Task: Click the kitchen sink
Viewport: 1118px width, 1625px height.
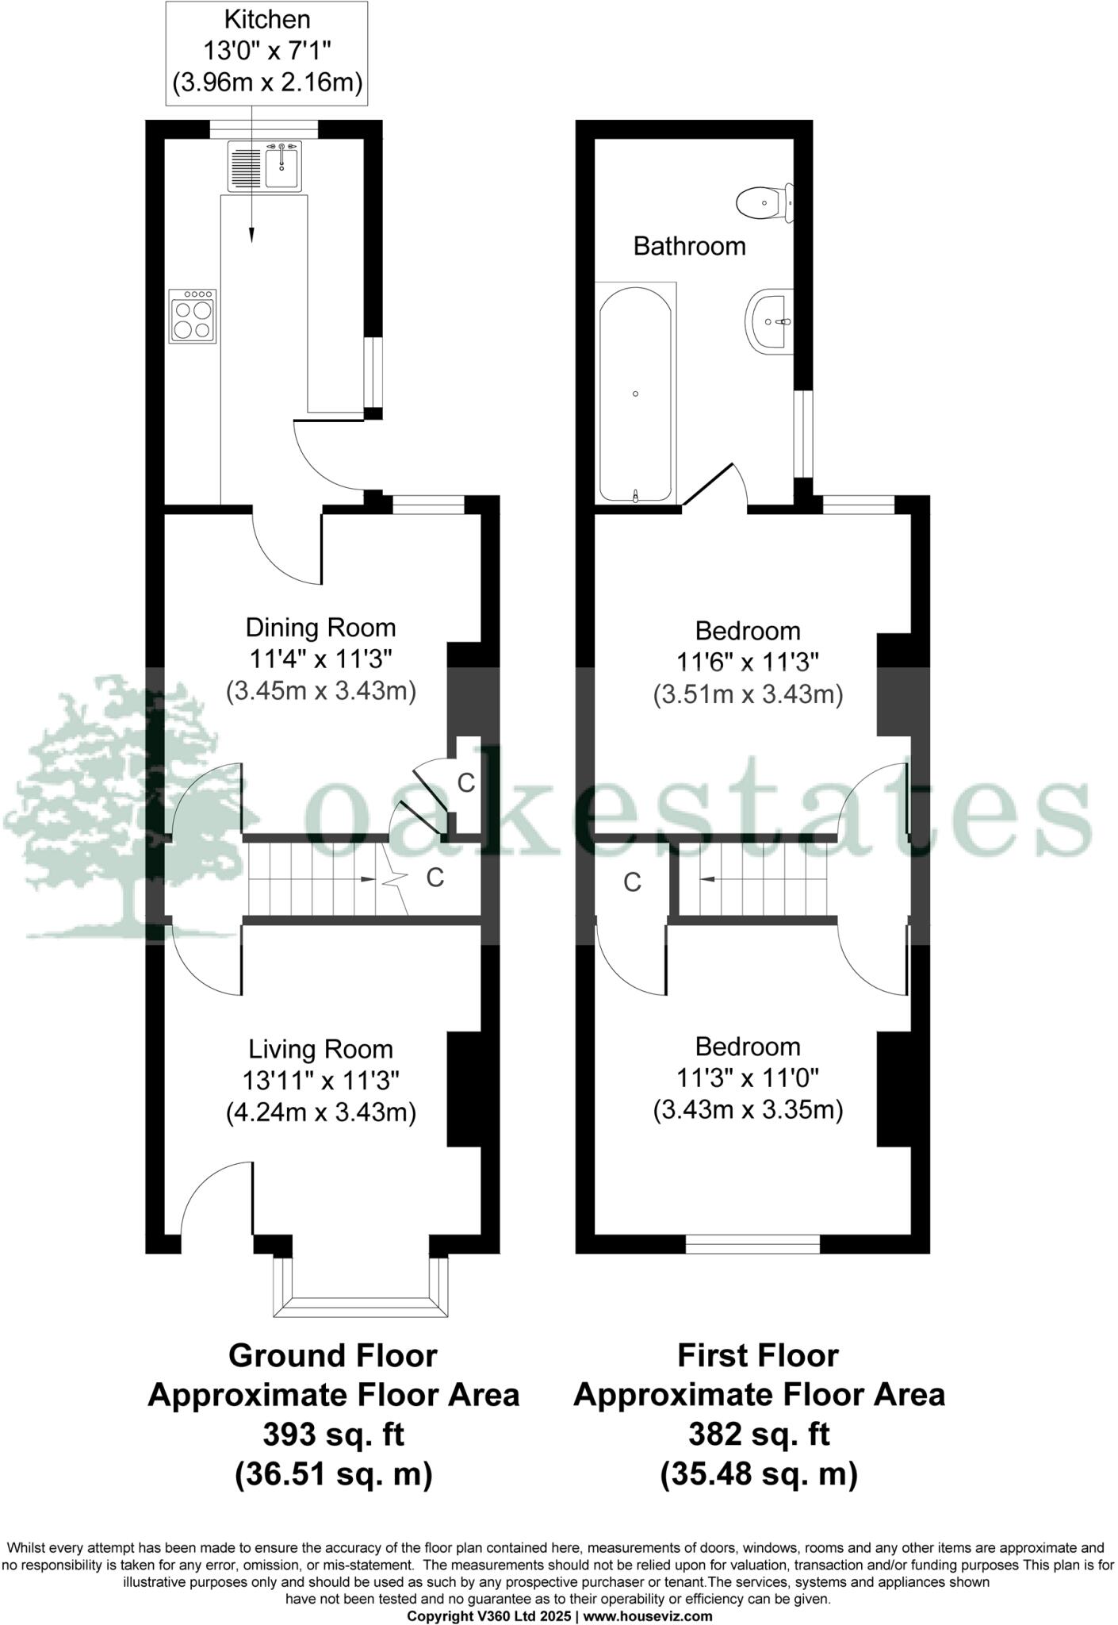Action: [265, 167]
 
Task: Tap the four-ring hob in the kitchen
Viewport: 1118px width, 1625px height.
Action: [193, 316]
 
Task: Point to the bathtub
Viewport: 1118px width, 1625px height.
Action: [636, 394]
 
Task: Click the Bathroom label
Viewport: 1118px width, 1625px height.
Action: [689, 246]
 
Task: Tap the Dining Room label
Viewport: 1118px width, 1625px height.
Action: [320, 628]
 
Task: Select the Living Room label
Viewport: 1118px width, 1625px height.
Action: [320, 1049]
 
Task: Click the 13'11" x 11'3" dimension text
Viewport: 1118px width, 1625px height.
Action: [320, 1080]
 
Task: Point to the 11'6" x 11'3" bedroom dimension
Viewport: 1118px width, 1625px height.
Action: [748, 662]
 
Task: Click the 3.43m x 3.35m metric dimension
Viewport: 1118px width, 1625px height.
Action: [748, 1109]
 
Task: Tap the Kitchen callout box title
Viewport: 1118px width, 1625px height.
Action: [267, 19]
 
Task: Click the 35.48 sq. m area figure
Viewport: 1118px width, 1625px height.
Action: [759, 1474]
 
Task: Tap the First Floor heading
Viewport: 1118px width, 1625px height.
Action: [758, 1355]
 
